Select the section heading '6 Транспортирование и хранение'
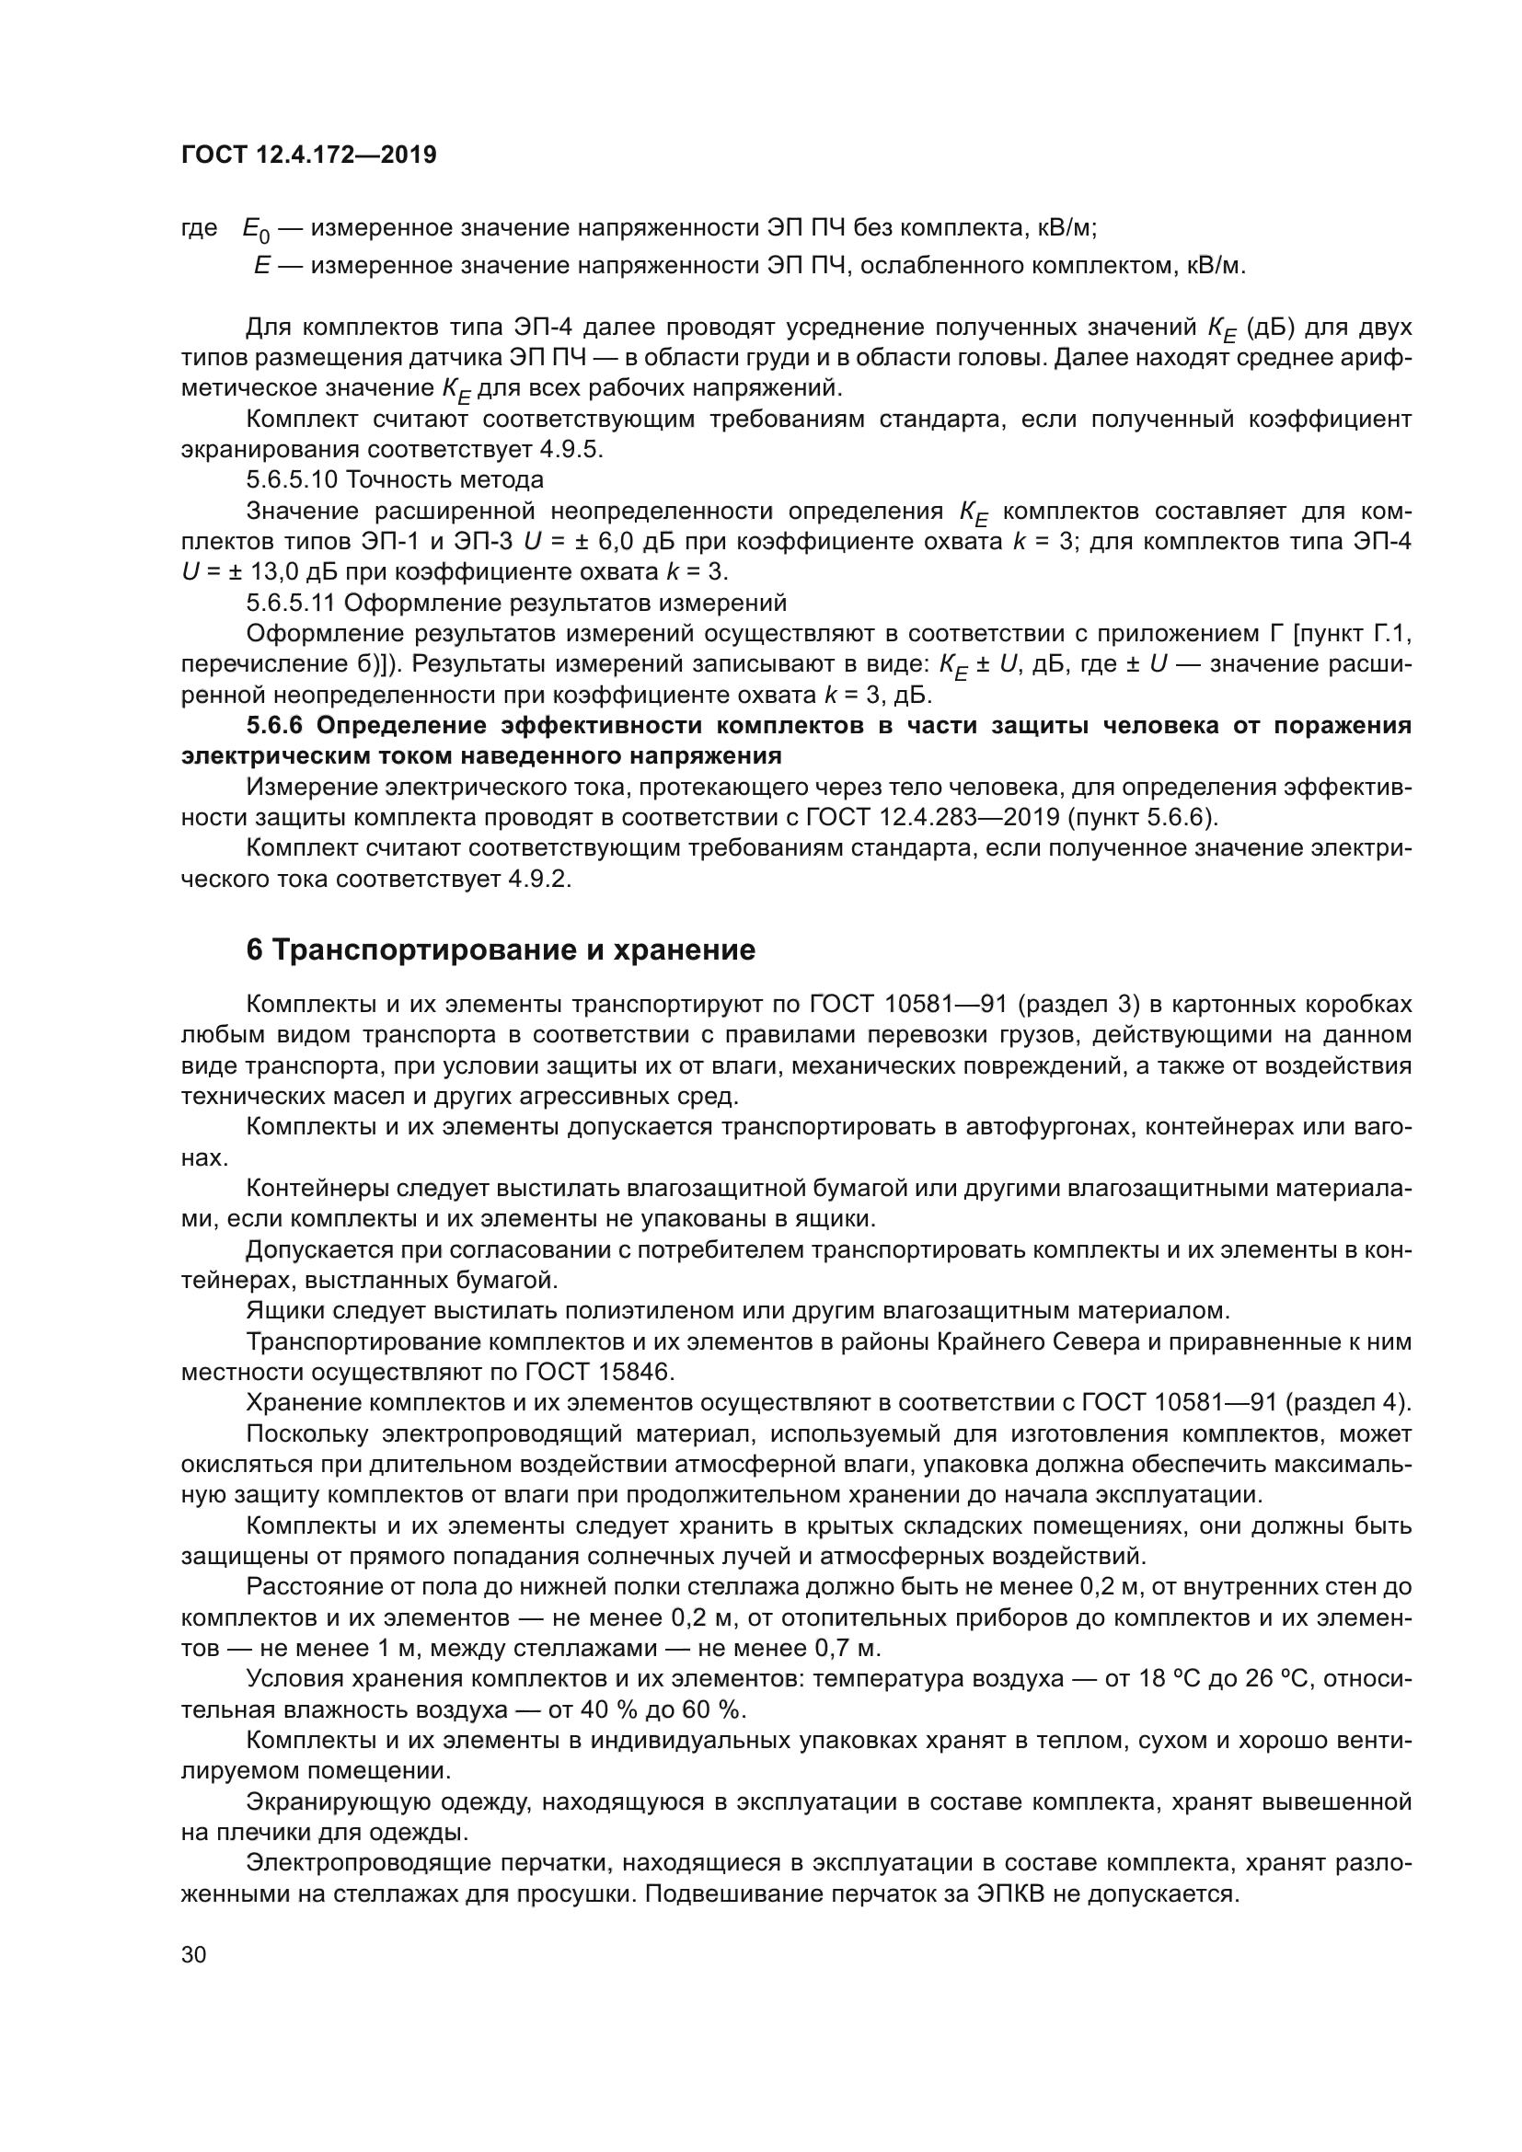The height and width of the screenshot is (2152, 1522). [501, 950]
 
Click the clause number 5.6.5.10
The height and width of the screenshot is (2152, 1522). [292, 480]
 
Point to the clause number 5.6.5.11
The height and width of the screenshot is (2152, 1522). [291, 602]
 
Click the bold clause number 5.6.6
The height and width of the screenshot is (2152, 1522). [276, 725]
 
